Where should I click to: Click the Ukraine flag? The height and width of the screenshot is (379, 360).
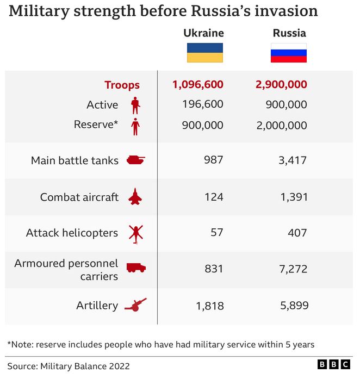205,53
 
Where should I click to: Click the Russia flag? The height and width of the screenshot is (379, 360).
289,53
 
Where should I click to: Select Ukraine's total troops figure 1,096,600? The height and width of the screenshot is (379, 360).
197,84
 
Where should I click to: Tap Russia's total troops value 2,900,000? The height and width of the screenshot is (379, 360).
281,84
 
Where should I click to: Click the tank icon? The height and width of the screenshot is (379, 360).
135,160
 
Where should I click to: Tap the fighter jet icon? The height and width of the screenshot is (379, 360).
135,197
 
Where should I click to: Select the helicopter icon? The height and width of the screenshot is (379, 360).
135,233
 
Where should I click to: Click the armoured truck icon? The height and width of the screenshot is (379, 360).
135,268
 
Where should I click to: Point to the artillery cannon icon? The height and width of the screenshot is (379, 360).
135,305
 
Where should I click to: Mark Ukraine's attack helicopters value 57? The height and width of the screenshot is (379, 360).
216,233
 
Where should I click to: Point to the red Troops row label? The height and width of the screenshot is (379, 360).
122,85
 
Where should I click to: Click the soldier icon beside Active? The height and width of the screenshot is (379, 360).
135,105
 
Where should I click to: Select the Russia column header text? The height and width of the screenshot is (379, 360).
289,33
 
